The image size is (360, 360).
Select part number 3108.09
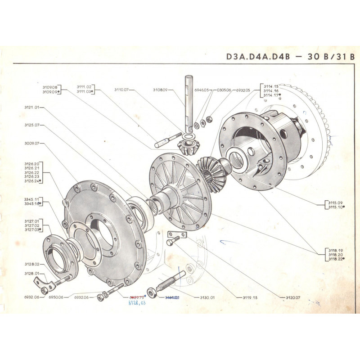click(160, 90)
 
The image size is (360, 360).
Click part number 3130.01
click(207, 297)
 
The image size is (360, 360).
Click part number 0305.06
click(223, 90)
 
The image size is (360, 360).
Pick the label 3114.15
click(271, 85)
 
